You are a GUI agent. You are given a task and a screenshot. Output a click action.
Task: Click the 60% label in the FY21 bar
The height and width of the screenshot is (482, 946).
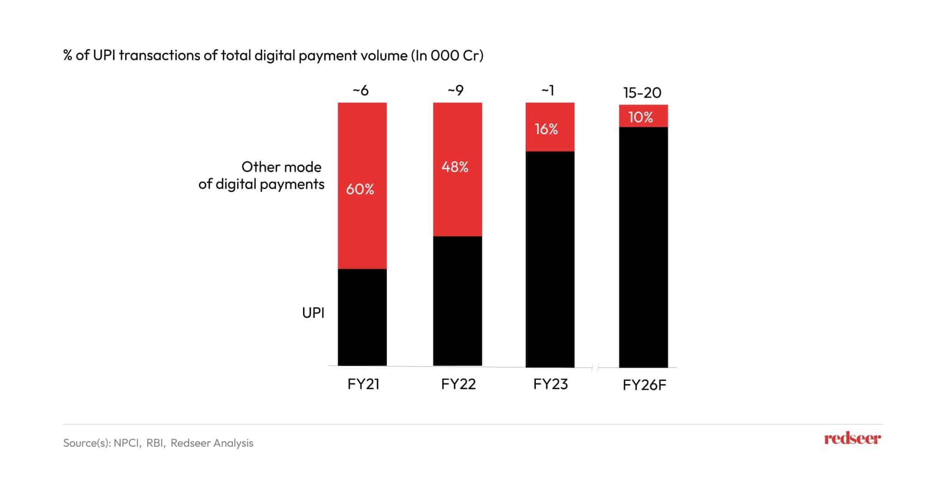pyautogui.click(x=360, y=189)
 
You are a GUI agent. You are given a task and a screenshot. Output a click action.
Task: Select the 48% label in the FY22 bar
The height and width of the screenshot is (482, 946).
pyautogui.click(x=455, y=167)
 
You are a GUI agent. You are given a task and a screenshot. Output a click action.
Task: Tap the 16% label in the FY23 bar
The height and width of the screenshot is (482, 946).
pyautogui.click(x=546, y=129)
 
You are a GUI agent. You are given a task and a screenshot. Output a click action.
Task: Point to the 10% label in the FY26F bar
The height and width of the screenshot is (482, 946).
pyautogui.click(x=641, y=117)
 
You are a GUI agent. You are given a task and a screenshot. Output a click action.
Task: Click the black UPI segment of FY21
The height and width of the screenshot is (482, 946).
pyautogui.click(x=362, y=317)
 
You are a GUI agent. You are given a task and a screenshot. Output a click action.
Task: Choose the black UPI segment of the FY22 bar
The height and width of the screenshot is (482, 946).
pyautogui.click(x=457, y=301)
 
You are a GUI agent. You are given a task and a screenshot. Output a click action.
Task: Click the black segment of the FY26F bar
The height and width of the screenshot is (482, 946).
pyautogui.click(x=643, y=247)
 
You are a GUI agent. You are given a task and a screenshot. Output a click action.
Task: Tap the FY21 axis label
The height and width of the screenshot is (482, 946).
pyautogui.click(x=363, y=384)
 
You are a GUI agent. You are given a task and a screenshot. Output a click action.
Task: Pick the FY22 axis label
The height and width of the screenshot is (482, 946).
pyautogui.click(x=458, y=384)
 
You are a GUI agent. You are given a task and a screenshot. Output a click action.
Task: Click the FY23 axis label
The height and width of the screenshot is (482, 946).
pyautogui.click(x=550, y=384)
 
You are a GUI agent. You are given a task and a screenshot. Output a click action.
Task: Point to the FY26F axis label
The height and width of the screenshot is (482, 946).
pyautogui.click(x=644, y=385)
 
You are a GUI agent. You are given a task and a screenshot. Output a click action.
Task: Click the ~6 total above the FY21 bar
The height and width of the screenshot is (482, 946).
pyautogui.click(x=361, y=90)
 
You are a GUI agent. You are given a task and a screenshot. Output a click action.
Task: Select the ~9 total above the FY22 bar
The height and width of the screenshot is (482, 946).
pyautogui.click(x=455, y=90)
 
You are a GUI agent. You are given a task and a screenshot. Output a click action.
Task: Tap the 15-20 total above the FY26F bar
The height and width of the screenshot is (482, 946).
pyautogui.click(x=642, y=93)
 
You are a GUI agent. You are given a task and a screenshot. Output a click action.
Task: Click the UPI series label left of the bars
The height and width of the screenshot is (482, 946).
pyautogui.click(x=313, y=313)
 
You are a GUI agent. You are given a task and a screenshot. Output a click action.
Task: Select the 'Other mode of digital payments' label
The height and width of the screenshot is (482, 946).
pyautogui.click(x=262, y=175)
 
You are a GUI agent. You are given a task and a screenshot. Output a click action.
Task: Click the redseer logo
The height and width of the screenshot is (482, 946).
pyautogui.click(x=852, y=439)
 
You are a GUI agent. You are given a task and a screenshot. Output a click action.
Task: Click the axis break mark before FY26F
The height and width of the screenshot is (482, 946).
pyautogui.click(x=595, y=368)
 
